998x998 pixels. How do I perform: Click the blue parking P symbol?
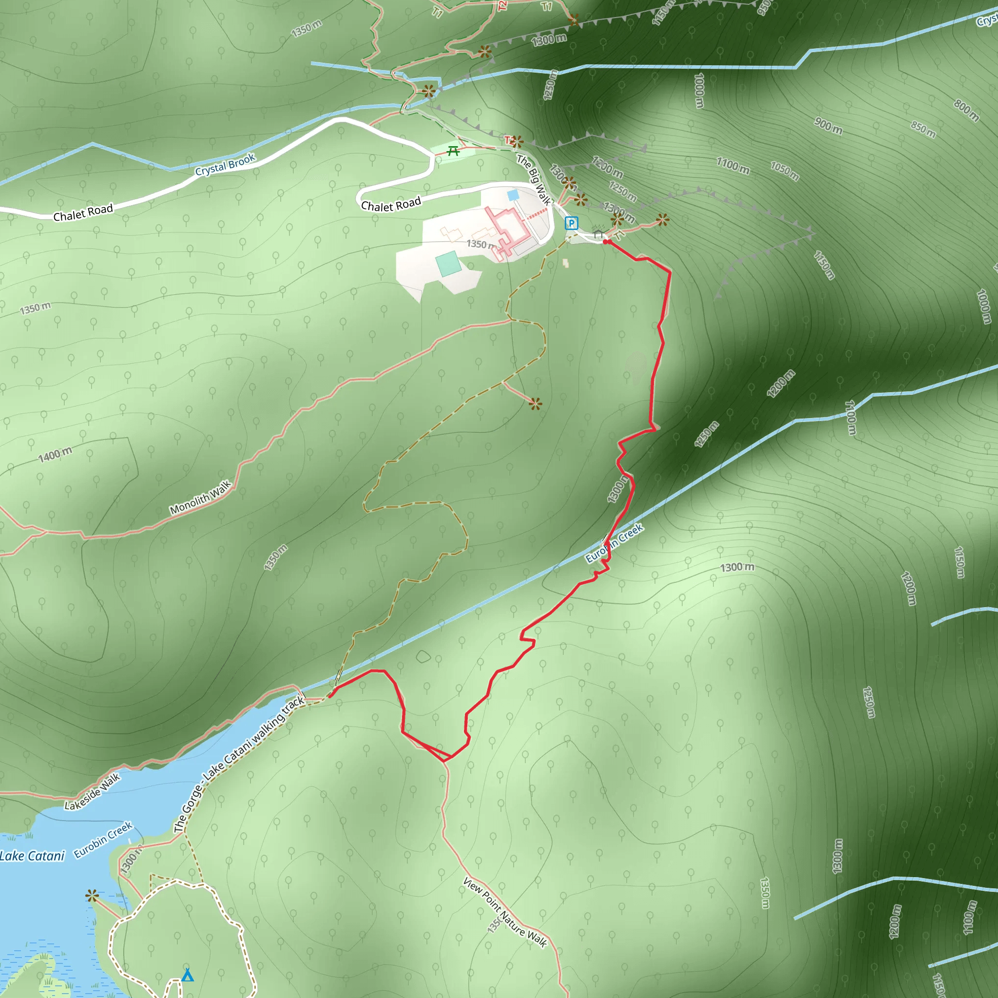[x=571, y=223]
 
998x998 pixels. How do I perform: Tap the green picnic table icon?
[x=454, y=151]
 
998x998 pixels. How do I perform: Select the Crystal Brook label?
[x=225, y=164]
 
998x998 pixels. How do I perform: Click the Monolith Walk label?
[x=200, y=498]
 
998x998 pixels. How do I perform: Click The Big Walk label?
[x=534, y=180]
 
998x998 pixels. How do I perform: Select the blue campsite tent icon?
[x=188, y=975]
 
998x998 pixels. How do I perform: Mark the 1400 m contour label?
[x=55, y=455]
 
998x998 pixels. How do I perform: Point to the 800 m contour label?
[x=966, y=111]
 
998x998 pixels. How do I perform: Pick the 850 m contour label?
[x=923, y=129]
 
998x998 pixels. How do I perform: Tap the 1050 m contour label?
[x=785, y=171]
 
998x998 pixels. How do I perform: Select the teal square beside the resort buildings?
[x=448, y=264]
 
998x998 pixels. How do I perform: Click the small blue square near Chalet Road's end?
[x=513, y=195]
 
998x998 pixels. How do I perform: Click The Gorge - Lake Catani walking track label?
[x=239, y=765]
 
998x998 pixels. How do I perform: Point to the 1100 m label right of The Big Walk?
[x=732, y=165]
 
